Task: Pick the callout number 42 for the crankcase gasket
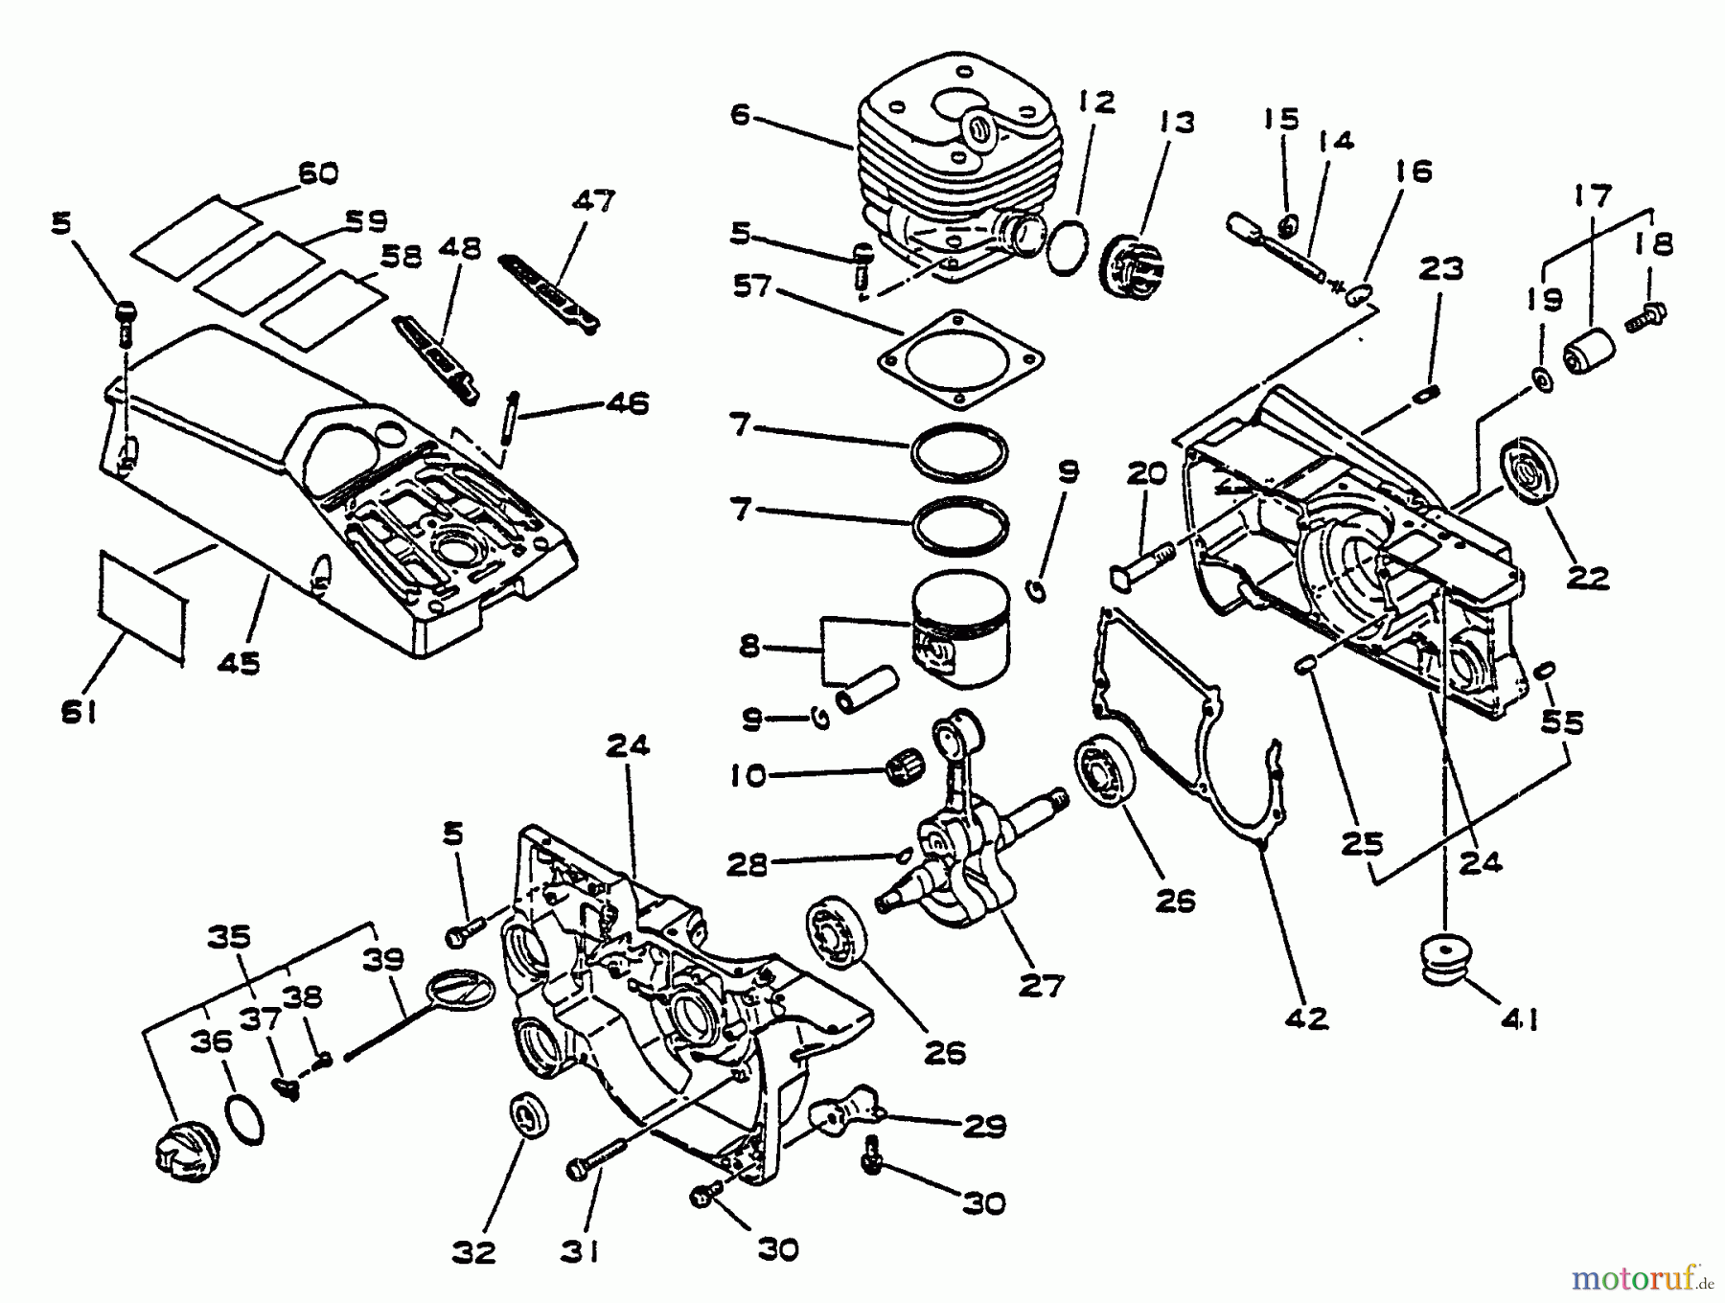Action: [x=1308, y=1017]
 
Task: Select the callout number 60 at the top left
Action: [x=318, y=173]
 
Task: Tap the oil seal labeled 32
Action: [x=528, y=1117]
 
